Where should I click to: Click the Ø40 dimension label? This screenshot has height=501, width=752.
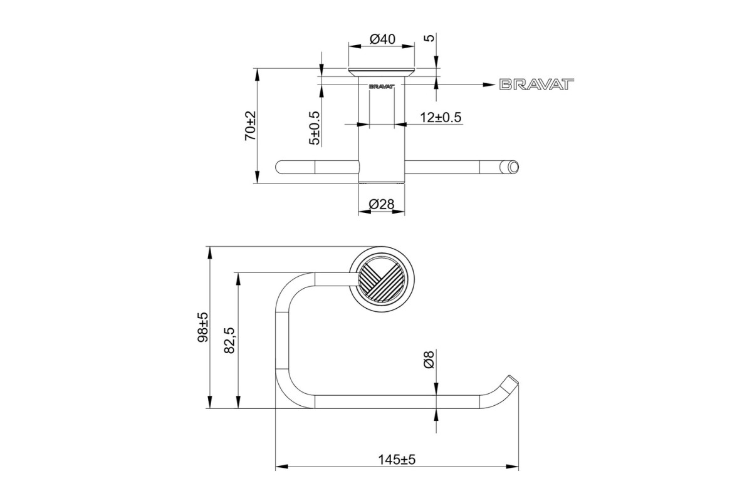pos(382,39)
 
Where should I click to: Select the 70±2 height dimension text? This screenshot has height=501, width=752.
pos(251,126)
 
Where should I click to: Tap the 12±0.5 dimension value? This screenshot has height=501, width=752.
pos(441,118)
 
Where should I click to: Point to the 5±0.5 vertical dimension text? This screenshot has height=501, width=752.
pos(315,128)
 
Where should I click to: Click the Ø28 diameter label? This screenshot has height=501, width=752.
pos(382,204)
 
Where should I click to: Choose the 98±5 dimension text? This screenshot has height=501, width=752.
pos(203,327)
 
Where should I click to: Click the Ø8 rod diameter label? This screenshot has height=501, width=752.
pos(429,359)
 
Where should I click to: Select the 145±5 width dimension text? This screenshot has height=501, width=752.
pos(397,460)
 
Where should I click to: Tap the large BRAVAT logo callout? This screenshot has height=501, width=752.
pos(536,85)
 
